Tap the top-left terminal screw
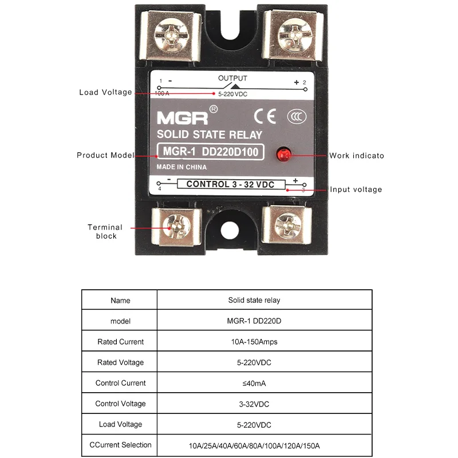coord(172,31)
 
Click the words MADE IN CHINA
coord(181,167)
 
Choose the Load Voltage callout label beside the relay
coord(105,92)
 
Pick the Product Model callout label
coord(105,155)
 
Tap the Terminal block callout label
coord(105,231)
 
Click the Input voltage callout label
coord(356,189)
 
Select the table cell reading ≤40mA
coord(254,383)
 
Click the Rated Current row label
coord(120,342)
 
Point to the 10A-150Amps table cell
coord(254,342)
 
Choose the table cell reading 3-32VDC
coord(254,404)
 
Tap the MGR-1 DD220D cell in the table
coord(254,321)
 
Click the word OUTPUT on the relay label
coord(232,78)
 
